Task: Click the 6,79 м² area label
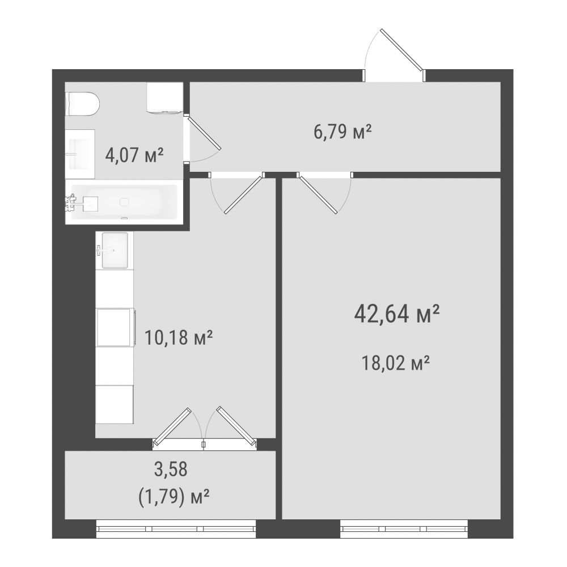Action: point(342,132)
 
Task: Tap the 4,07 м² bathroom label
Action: point(134,155)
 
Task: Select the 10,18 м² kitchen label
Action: point(178,337)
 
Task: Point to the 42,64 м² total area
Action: point(397,314)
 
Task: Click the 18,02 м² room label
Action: point(396,363)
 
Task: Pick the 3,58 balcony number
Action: point(171,469)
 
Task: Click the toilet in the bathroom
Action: point(82,104)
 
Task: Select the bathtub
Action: point(124,202)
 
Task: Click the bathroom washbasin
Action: point(79,154)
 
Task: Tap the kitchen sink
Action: point(115,250)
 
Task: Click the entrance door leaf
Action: point(401,49)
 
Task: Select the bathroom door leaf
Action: point(204,133)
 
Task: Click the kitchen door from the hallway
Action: point(244,194)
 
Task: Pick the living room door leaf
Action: point(318,194)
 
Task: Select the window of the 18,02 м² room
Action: point(404,528)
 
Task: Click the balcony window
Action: point(176,528)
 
